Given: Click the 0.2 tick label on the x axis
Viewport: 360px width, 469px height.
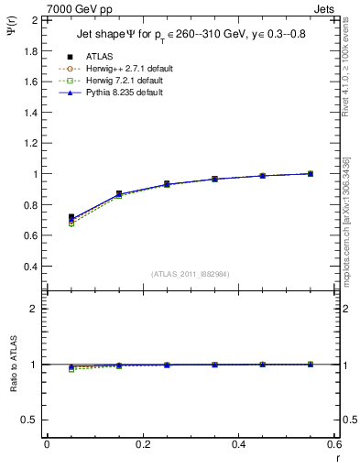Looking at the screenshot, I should (x=142, y=444).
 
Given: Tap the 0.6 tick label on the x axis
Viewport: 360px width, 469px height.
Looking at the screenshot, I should (x=334, y=444).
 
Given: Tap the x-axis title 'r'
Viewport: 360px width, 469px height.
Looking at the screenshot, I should (x=336, y=457).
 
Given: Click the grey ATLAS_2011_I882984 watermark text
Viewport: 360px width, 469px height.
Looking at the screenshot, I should (x=190, y=274).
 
